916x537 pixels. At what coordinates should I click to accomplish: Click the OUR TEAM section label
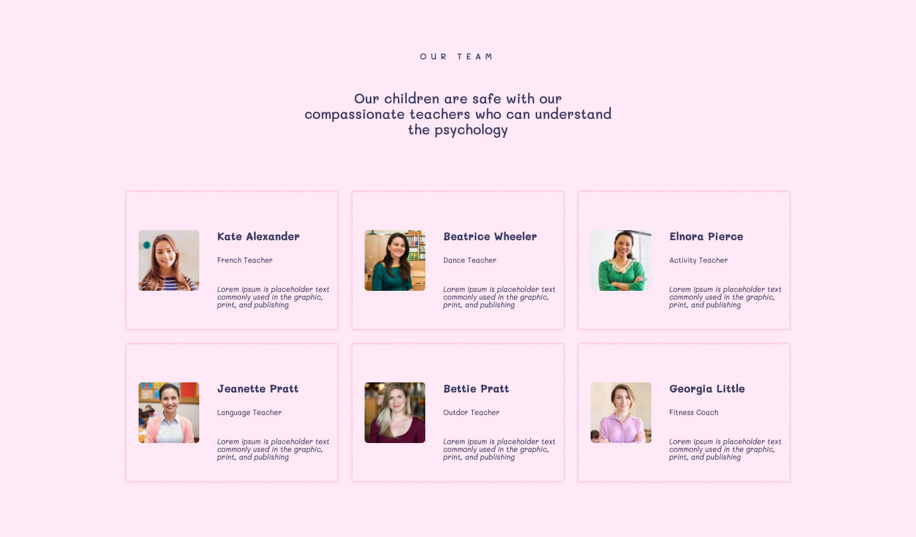coord(456,56)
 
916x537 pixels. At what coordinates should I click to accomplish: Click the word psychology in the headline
coord(471,130)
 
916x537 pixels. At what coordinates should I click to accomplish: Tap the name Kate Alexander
coord(258,237)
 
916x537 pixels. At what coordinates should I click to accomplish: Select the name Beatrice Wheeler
coord(490,237)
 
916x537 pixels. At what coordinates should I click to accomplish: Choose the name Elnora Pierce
coord(706,237)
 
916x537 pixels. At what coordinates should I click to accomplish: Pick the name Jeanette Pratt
coord(258,388)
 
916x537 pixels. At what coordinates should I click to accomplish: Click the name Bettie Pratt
coord(476,388)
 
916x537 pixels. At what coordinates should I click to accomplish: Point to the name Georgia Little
coord(707,389)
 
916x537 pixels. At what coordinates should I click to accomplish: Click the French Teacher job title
coord(245,260)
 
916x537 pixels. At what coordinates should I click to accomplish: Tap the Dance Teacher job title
coord(470,260)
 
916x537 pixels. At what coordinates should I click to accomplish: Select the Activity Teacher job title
coord(698,260)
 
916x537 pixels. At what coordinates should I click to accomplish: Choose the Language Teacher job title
coord(249,413)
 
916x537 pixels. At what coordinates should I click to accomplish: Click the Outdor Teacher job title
coord(471,412)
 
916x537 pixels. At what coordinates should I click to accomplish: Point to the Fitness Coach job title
coord(694,412)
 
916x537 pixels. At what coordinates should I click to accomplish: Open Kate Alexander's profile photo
coord(169,260)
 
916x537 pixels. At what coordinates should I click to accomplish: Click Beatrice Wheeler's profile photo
coord(395,260)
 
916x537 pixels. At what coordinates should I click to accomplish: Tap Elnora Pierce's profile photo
coord(621,260)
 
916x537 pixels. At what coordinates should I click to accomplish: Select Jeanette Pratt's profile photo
coord(169,413)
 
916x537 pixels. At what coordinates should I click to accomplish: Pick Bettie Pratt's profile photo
coord(395,413)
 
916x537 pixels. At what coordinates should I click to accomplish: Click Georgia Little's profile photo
coord(621,413)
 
